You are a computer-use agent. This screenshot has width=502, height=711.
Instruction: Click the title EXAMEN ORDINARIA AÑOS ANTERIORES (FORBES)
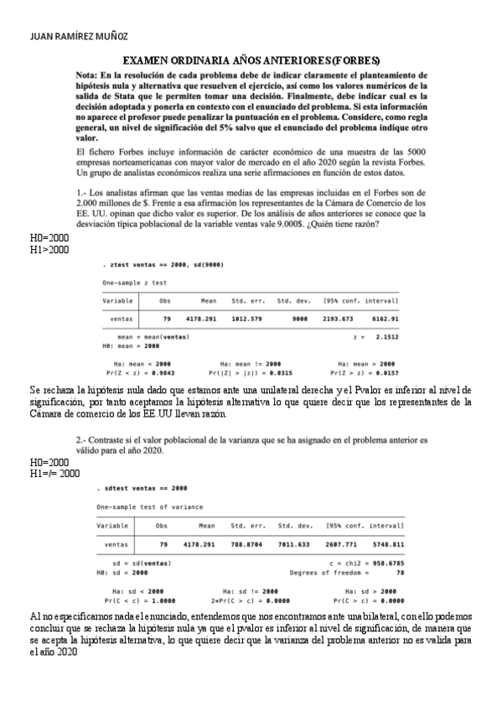tap(251, 61)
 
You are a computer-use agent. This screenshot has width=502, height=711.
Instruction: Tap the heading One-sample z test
tap(135, 283)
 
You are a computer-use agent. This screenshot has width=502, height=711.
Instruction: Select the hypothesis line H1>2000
tap(49, 250)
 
